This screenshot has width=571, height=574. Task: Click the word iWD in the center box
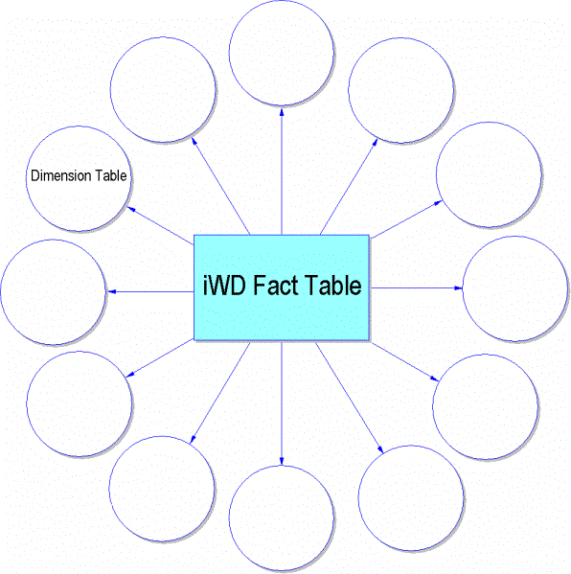point(224,286)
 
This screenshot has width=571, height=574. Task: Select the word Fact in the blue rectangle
point(276,286)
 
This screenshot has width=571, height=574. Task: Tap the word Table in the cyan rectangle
point(332,286)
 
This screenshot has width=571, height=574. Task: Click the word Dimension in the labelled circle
point(60,175)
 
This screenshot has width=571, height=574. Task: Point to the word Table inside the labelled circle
point(111,175)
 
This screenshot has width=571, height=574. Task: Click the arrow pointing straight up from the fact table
point(282,172)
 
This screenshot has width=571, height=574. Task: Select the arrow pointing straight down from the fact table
point(282,403)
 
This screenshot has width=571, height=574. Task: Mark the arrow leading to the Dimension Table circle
point(160,225)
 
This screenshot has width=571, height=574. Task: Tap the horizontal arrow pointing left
point(150,291)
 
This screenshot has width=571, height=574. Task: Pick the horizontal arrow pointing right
point(417,288)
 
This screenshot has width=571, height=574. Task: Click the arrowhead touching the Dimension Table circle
point(131,210)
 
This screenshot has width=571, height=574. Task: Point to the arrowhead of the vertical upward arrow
point(282,113)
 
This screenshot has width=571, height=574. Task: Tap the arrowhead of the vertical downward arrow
point(282,461)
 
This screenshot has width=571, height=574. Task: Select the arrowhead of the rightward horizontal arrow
point(458,288)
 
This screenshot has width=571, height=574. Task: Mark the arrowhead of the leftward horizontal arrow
point(112,291)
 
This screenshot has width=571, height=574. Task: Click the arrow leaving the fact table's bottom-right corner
point(404,361)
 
